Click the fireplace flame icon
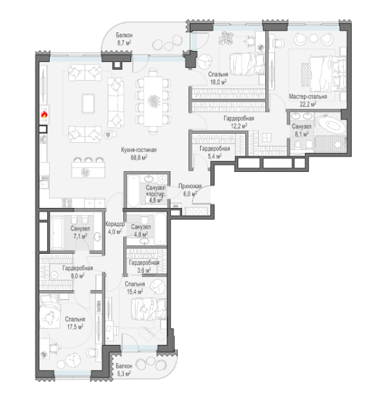click(x=45, y=114)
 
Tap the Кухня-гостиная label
click(x=139, y=150)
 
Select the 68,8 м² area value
click(x=139, y=157)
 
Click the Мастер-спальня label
click(x=308, y=96)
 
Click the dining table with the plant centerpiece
click(x=153, y=101)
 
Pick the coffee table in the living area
click(x=88, y=103)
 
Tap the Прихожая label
click(x=190, y=186)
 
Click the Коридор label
click(x=115, y=224)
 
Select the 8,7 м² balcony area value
click(x=124, y=43)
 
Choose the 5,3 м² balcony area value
click(x=123, y=373)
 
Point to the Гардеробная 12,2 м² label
click(x=239, y=122)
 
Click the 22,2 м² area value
click(x=308, y=105)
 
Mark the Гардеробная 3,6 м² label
click(x=144, y=267)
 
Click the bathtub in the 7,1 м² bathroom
click(x=57, y=233)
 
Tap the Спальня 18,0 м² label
click(x=218, y=78)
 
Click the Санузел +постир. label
click(x=156, y=191)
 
